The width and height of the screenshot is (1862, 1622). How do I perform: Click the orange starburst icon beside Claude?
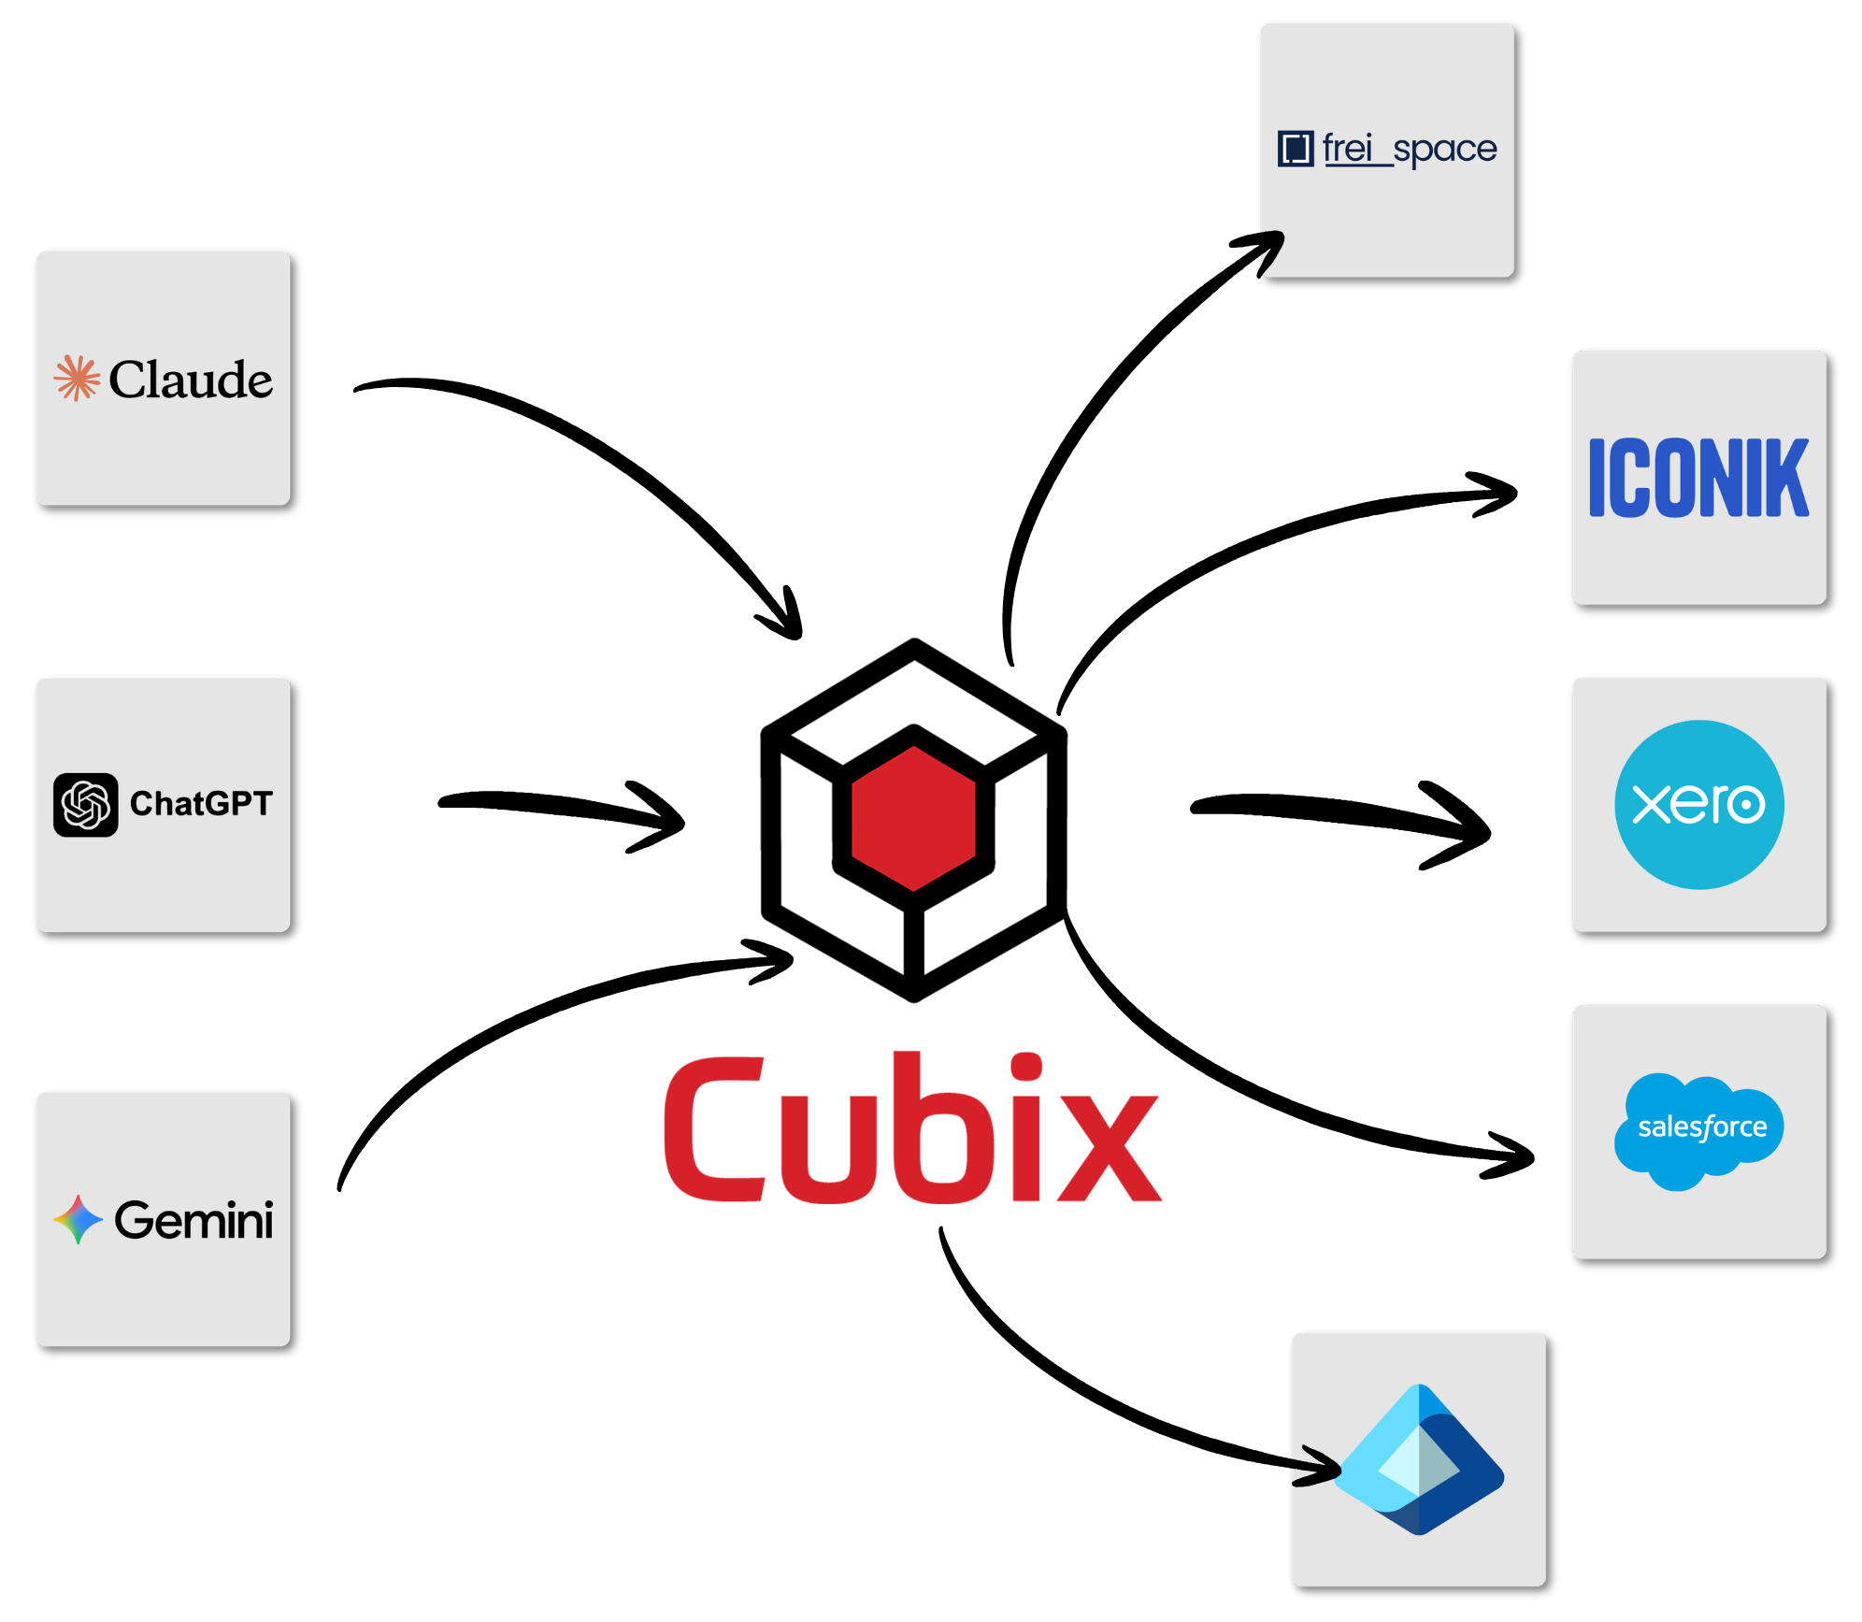pyautogui.click(x=77, y=378)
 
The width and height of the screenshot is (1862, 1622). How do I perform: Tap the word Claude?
pyautogui.click(x=191, y=379)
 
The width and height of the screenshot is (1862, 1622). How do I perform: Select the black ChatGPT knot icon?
pyautogui.click(x=86, y=804)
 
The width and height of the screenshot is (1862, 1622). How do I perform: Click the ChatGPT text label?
pyautogui.click(x=201, y=803)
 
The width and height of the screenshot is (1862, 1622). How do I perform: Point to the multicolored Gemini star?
pyautogui.click(x=78, y=1219)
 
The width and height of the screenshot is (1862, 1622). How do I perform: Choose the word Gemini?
pyautogui.click(x=193, y=1220)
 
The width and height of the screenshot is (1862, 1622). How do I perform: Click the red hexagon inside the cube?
pyautogui.click(x=914, y=819)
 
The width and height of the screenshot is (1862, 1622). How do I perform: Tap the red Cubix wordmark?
pyautogui.click(x=912, y=1127)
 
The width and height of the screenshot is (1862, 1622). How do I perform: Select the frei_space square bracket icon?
pyautogui.click(x=1296, y=149)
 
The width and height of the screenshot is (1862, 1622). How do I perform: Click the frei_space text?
pyautogui.click(x=1410, y=149)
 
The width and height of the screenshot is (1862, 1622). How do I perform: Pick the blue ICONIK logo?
pyautogui.click(x=1698, y=477)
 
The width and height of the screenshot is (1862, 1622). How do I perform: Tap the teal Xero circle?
pyautogui.click(x=1699, y=804)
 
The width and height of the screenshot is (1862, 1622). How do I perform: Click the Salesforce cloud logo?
pyautogui.click(x=1698, y=1130)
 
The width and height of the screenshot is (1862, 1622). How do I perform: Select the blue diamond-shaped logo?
pyautogui.click(x=1419, y=1458)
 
